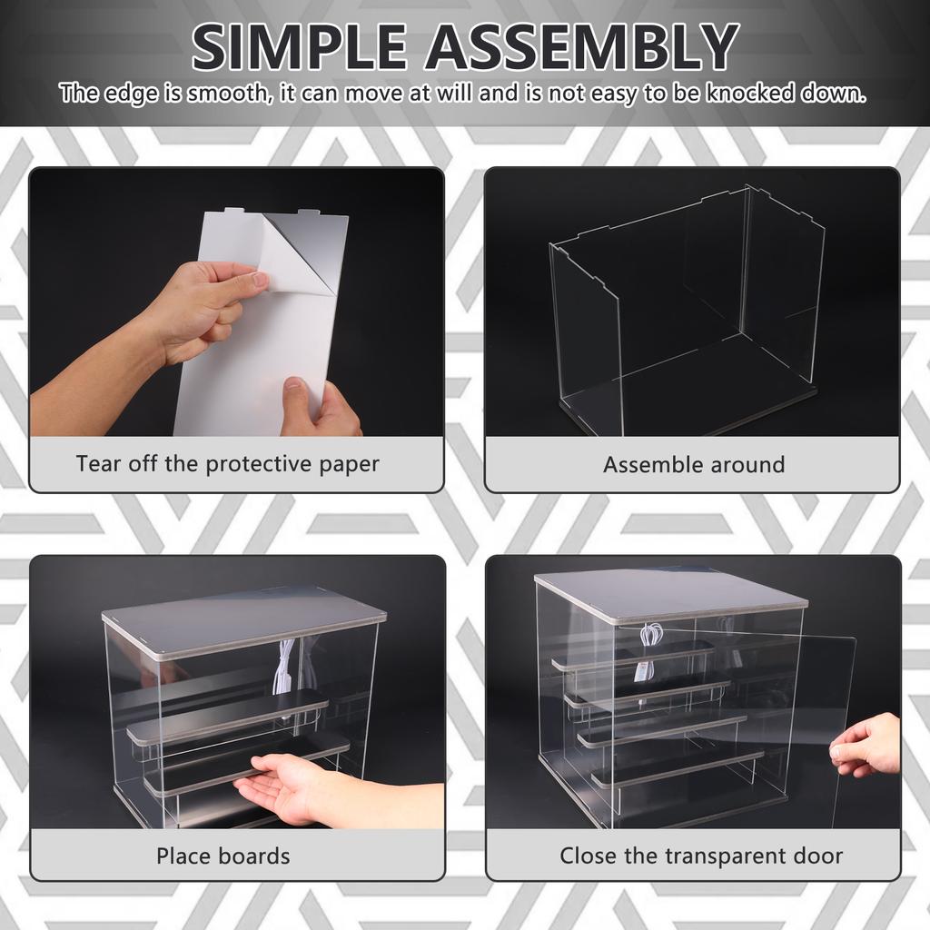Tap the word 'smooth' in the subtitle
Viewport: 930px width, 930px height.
click(x=226, y=94)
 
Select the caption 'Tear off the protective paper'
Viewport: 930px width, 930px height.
click(x=227, y=464)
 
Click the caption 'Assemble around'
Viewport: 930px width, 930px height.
click(x=693, y=465)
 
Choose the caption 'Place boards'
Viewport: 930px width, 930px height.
click(x=223, y=856)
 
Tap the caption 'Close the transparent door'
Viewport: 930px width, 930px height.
click(x=700, y=856)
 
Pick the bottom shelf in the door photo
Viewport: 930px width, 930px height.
click(x=677, y=766)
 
